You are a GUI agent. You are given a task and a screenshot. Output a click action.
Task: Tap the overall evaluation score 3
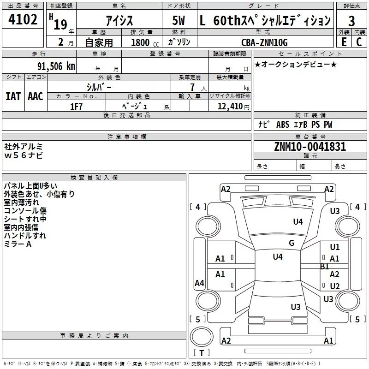pos(351,21)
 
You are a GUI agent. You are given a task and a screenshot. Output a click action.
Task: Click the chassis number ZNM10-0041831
pos(310,147)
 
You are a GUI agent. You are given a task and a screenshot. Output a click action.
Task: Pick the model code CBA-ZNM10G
pos(264,42)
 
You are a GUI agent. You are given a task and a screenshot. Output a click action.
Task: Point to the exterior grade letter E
pos(344,42)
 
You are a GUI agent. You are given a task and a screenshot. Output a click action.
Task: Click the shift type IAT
pos(13,96)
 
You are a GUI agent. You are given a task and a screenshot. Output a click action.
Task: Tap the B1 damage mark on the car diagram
pos(325,266)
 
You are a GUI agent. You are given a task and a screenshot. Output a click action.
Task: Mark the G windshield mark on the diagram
pos(291,243)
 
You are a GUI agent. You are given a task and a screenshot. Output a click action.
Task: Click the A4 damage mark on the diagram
pos(199,283)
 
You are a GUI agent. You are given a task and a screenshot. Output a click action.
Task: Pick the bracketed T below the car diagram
pos(201,353)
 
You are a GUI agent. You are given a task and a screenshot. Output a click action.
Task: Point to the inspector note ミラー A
pos(18,244)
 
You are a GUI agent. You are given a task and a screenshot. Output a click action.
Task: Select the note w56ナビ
pos(23,155)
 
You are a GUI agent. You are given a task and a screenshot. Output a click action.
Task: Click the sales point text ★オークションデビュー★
pos(295,64)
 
